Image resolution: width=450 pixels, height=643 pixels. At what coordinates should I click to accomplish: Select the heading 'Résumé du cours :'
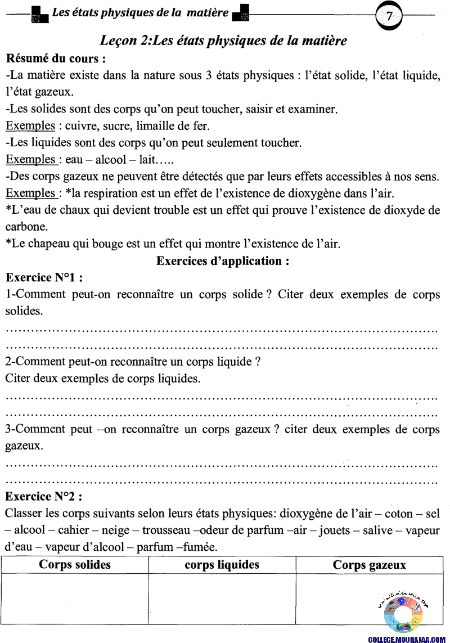point(56,59)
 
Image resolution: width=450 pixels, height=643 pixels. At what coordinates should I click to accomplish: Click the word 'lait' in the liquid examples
point(142,160)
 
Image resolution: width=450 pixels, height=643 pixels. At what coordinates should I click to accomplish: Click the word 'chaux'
point(80,210)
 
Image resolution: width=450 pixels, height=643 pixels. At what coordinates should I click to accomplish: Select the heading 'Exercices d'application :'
point(223,261)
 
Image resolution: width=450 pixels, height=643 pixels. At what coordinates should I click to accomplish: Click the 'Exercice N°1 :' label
point(44,277)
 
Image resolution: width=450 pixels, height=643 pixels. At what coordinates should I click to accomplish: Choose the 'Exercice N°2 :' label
point(44,497)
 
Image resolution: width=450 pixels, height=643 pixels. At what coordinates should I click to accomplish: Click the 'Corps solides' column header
point(75,565)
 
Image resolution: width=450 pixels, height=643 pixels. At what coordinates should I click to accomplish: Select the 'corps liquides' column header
point(222,565)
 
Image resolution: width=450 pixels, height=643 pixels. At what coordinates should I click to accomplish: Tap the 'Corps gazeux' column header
point(370,565)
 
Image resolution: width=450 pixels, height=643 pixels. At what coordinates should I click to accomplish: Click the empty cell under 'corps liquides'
point(222,599)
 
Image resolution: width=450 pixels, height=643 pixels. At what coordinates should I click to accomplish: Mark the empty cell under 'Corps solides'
point(75,599)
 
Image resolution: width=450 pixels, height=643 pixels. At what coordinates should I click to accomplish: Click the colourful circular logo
point(403,613)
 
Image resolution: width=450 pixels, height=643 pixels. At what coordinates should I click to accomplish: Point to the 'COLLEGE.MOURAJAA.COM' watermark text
point(403,639)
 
